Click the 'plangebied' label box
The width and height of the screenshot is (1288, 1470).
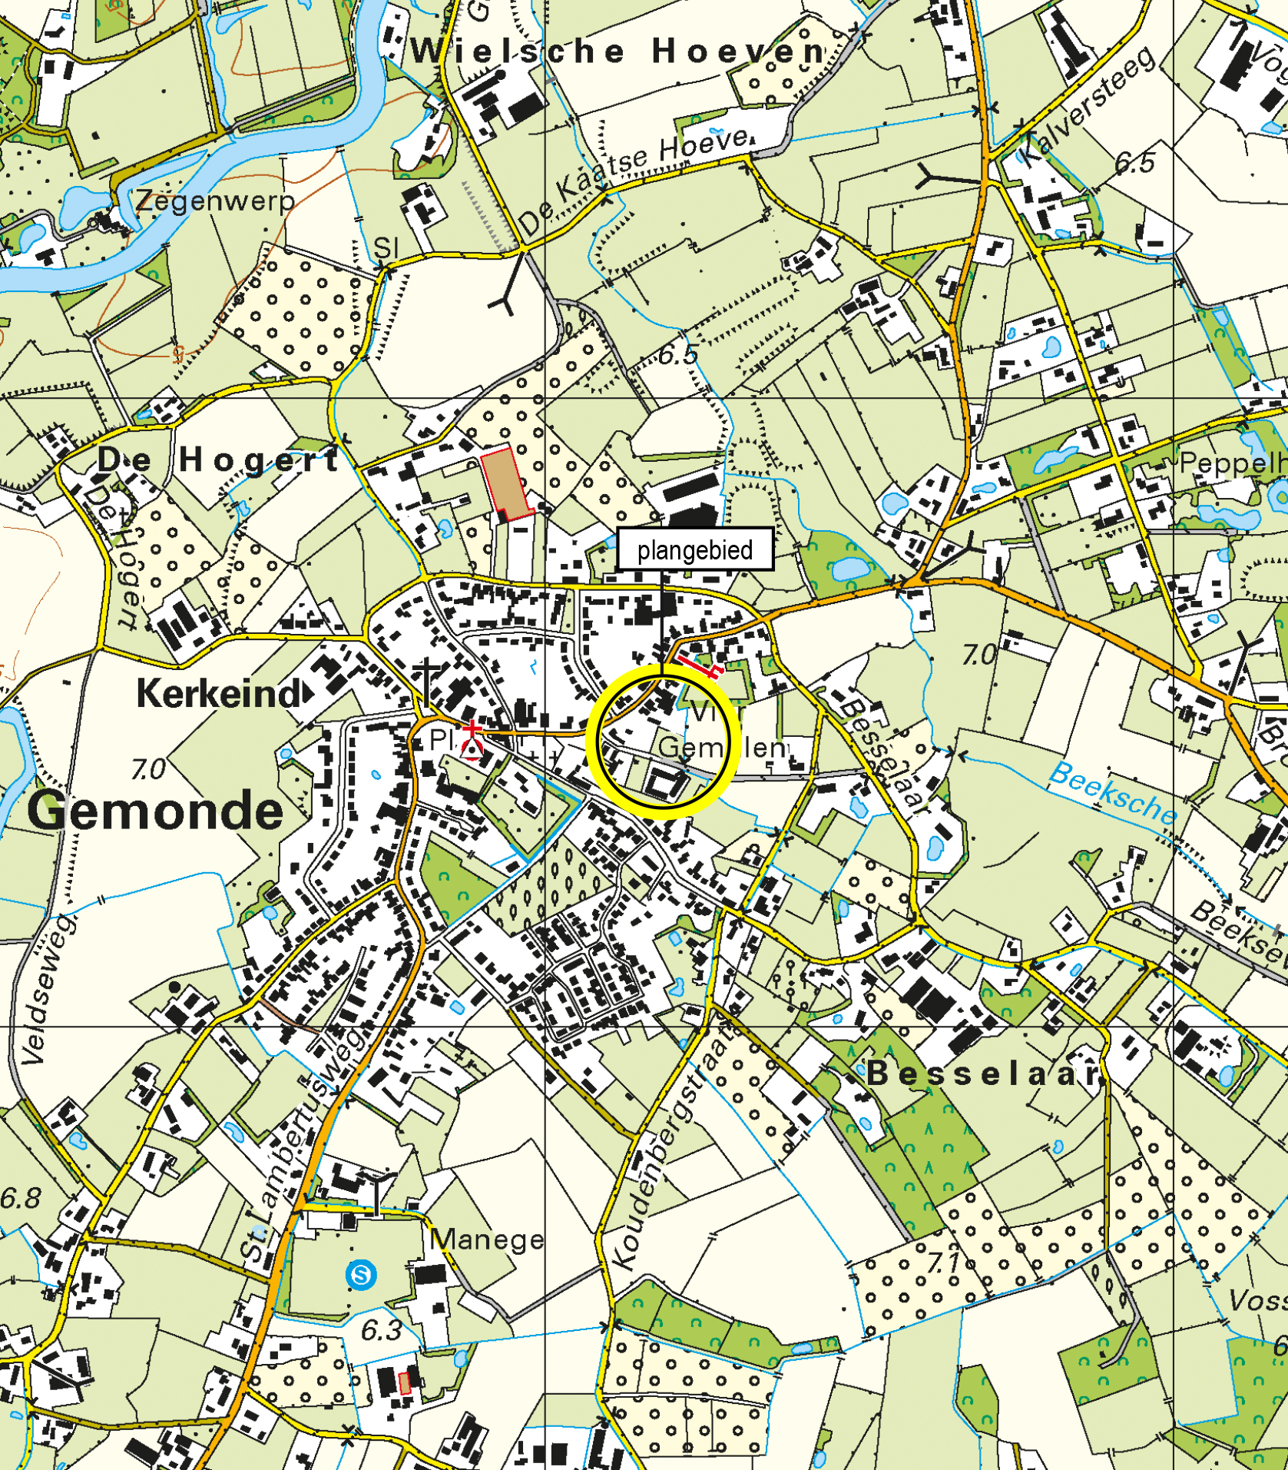(x=694, y=549)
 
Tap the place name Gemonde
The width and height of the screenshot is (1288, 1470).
(x=156, y=811)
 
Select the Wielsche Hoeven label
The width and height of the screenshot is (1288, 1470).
(x=619, y=52)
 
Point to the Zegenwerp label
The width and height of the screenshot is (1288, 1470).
(x=216, y=201)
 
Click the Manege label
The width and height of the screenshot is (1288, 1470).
(x=487, y=1239)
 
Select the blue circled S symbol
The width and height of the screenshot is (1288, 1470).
(x=361, y=1276)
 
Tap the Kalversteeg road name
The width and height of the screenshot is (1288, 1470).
(x=1088, y=105)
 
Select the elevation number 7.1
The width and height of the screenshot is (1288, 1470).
(x=944, y=1261)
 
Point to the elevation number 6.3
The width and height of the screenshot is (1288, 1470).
(x=381, y=1330)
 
